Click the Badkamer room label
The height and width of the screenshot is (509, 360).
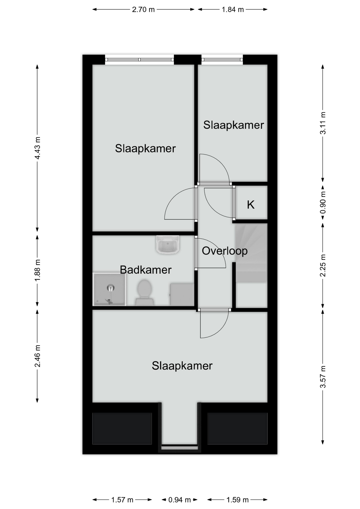pyautogui.click(x=146, y=270)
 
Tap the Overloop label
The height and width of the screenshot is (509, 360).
pyautogui.click(x=225, y=251)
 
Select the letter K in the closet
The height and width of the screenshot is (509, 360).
pyautogui.click(x=251, y=205)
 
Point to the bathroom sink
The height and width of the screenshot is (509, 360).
pyautogui.click(x=168, y=244)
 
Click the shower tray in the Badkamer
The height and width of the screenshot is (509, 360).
pyautogui.click(x=109, y=289)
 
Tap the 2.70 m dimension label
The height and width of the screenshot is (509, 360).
pyautogui.click(x=143, y=10)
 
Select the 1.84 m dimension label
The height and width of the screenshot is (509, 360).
pyautogui.click(x=233, y=10)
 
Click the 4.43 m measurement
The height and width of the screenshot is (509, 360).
pyautogui.click(x=37, y=148)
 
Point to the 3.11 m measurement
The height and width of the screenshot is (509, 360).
pyautogui.click(x=323, y=123)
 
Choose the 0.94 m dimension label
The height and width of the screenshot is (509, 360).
pyautogui.click(x=179, y=500)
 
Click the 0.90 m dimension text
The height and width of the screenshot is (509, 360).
pyautogui.click(x=323, y=203)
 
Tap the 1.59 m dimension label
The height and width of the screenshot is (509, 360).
pyautogui.click(x=237, y=500)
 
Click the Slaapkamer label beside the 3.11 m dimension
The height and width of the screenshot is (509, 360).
pyautogui.click(x=234, y=125)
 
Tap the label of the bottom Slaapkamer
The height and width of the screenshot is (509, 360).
pyautogui.click(x=182, y=366)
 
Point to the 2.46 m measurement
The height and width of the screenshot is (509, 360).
pyautogui.click(x=37, y=356)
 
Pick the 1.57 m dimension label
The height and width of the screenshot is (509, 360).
pyautogui.click(x=122, y=500)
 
